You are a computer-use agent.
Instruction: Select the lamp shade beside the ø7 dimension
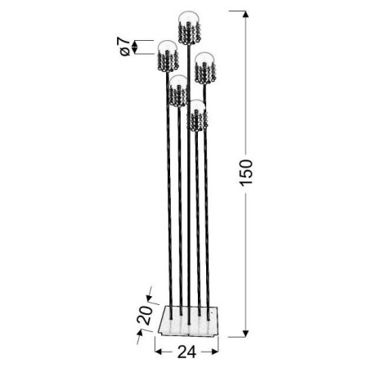click(168, 57)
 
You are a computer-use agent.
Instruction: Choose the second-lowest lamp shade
click(178, 91)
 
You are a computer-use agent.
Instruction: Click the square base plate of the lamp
click(186, 322)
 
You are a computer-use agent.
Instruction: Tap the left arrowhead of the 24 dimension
click(158, 348)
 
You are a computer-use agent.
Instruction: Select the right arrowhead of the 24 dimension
click(217, 348)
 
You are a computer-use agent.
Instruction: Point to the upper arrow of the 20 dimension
click(150, 292)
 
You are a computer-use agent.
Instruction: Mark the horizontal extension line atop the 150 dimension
click(237, 11)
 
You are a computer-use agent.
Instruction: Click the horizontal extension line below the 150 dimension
click(237, 336)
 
